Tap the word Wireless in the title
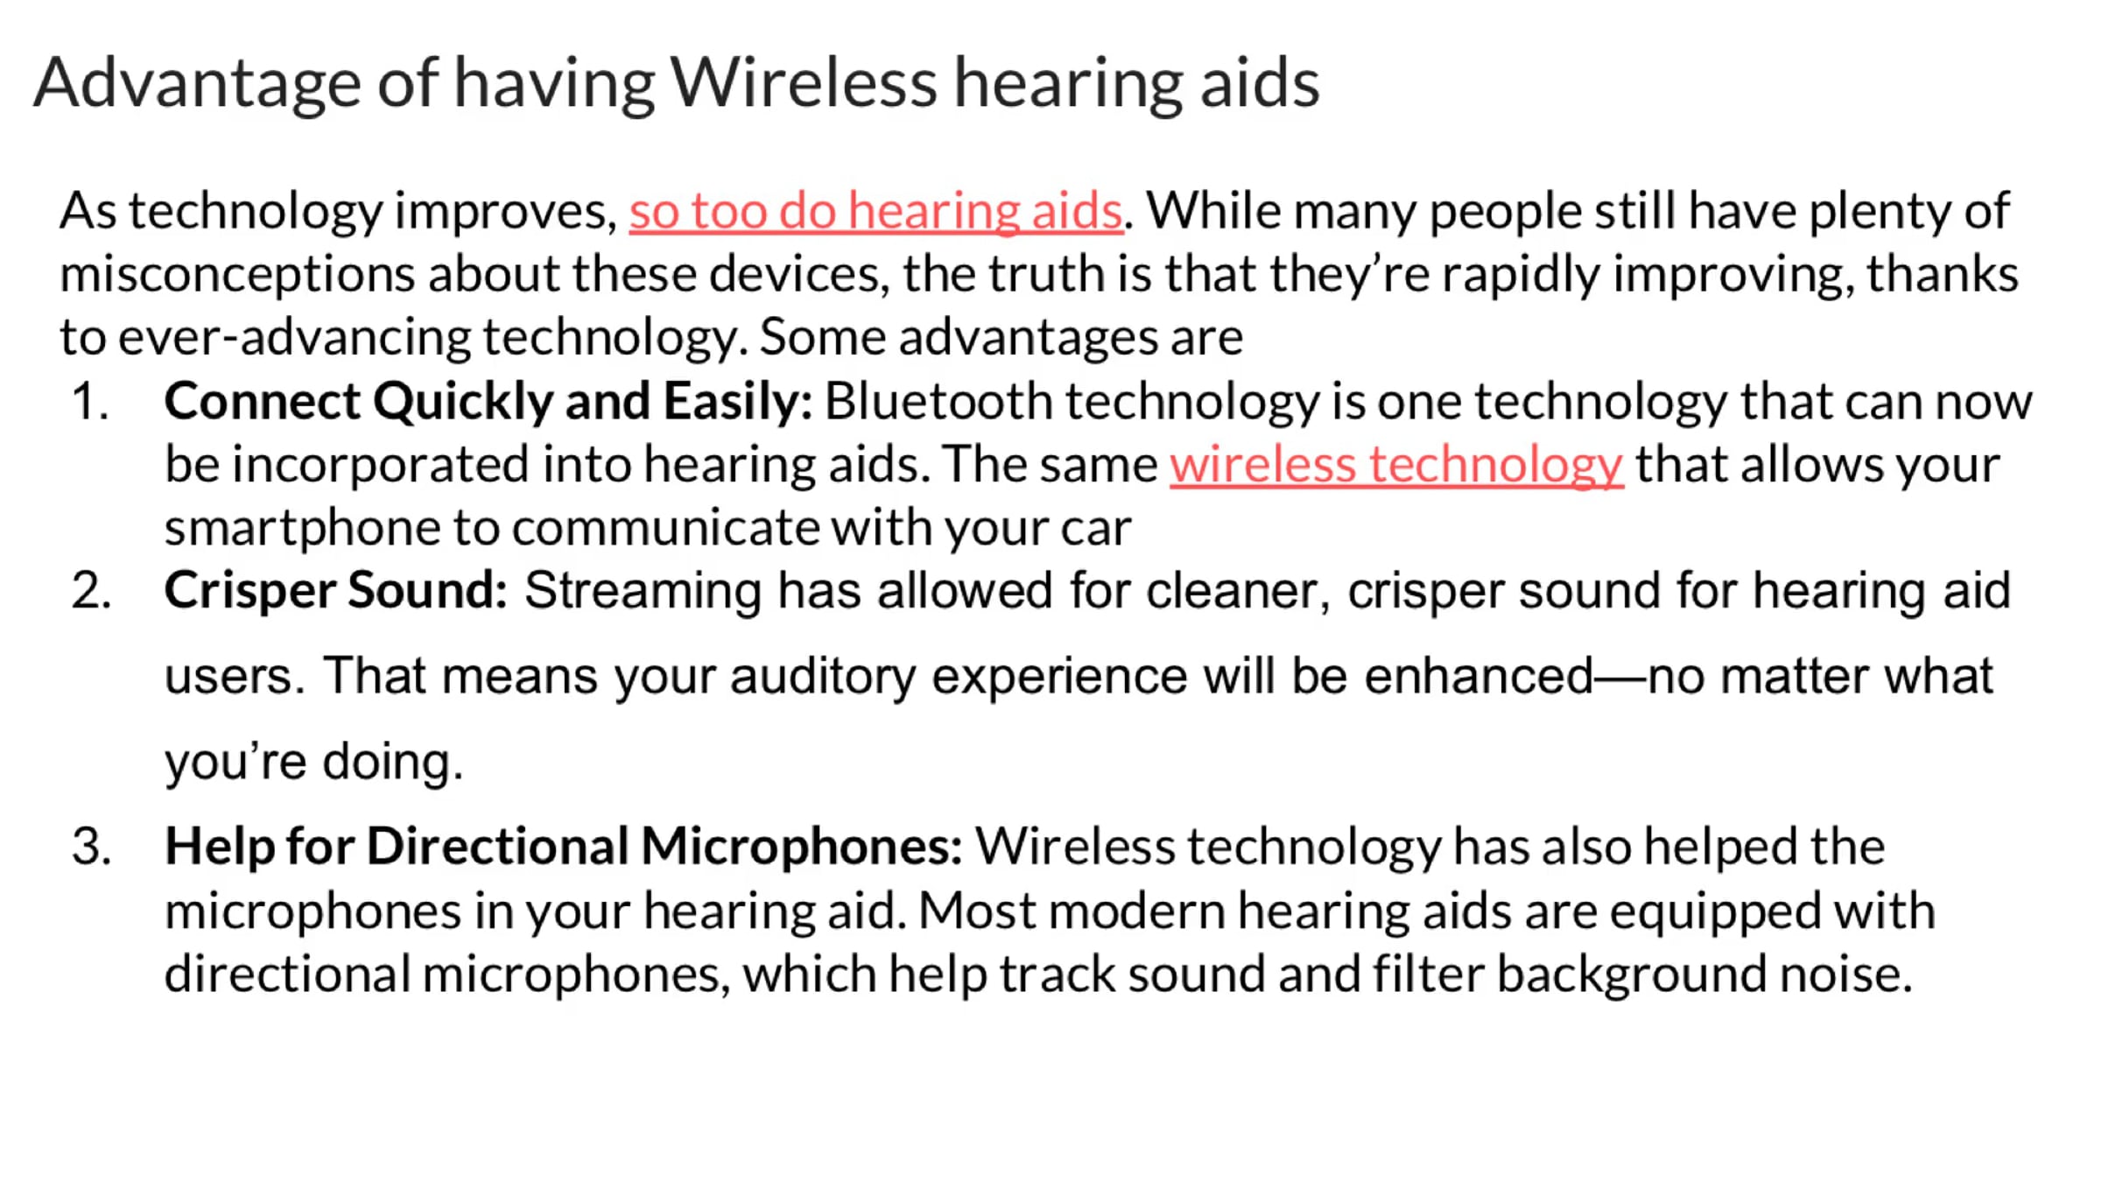pos(804,82)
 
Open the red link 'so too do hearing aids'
pos(875,213)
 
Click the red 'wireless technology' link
pos(1396,466)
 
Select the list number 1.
pos(90,402)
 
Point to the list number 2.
pos(92,590)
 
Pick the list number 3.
pos(92,847)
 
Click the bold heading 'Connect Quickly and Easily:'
pos(488,403)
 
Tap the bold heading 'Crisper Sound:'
pos(335,590)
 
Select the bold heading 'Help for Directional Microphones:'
pos(564,848)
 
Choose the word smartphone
pos(302,530)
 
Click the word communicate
pos(664,528)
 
